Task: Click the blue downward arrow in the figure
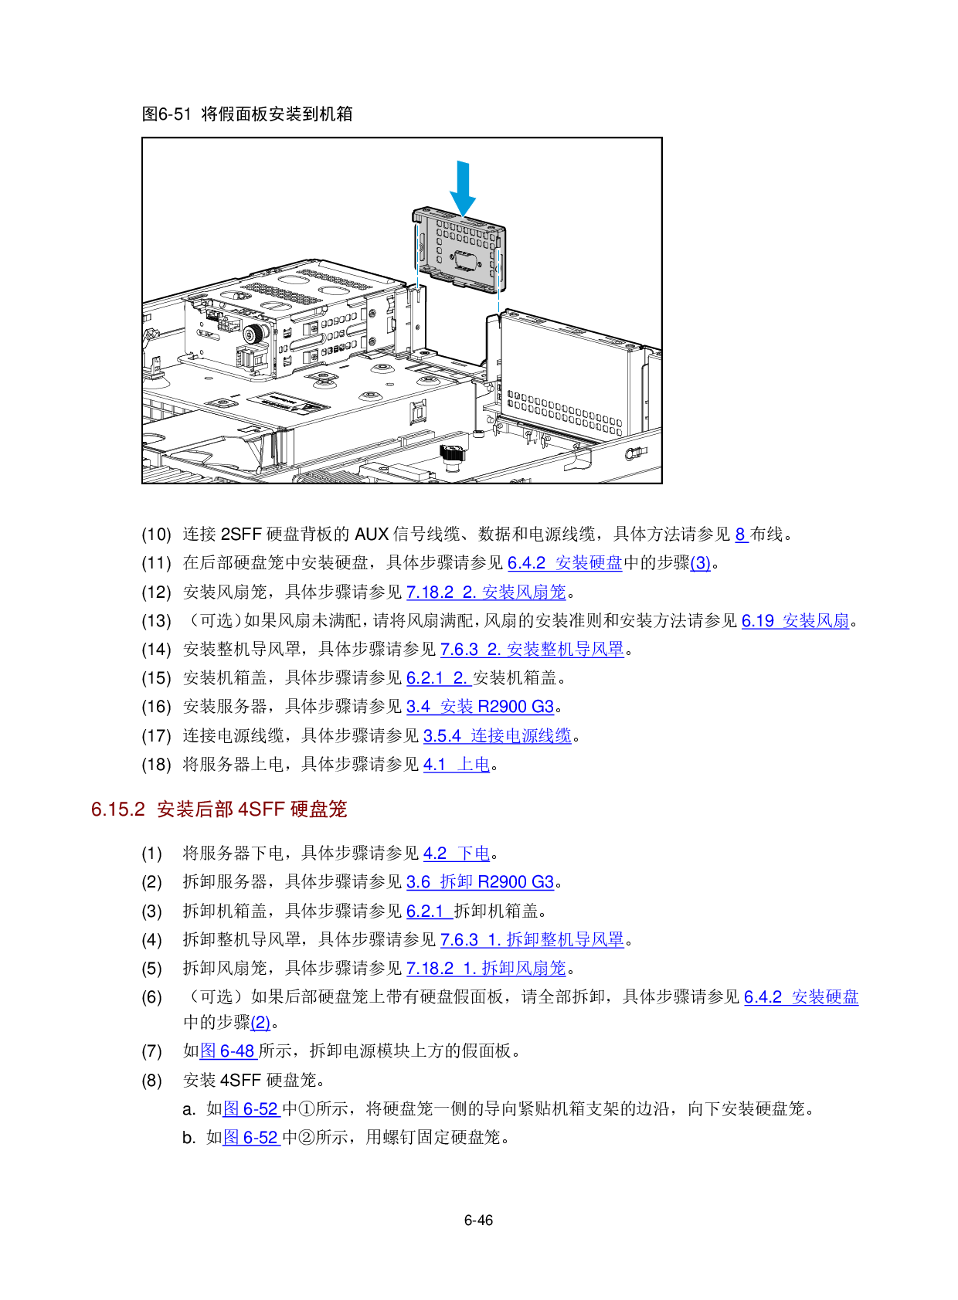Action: [463, 188]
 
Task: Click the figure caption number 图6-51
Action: [167, 114]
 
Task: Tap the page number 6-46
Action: [478, 1220]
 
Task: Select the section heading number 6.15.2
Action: [118, 809]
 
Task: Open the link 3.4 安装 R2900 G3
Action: [481, 707]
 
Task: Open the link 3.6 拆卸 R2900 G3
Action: [481, 882]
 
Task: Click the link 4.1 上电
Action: [457, 765]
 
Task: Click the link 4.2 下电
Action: [457, 853]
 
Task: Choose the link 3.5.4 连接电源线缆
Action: [498, 736]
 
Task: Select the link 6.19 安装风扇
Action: [796, 621]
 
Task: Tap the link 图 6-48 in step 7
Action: [229, 1051]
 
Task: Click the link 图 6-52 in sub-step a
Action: [252, 1109]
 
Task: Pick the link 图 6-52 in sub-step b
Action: [252, 1138]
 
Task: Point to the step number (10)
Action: [157, 535]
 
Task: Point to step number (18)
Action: [157, 765]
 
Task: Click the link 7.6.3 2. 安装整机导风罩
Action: [532, 650]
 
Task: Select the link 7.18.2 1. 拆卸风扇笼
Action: [486, 968]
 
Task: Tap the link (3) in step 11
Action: [700, 563]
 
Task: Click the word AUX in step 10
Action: [371, 534]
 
